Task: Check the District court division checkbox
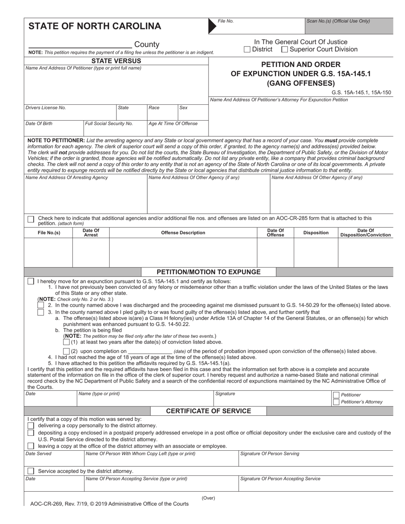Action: point(247,49)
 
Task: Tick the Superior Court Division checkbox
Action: point(284,49)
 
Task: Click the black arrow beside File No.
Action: point(212,26)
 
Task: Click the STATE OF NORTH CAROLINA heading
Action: point(95,26)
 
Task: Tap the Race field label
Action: point(154,108)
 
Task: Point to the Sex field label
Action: point(183,108)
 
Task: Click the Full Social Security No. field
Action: point(115,127)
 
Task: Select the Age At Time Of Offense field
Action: point(178,127)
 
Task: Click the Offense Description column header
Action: point(183,233)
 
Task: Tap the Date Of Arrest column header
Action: point(91,233)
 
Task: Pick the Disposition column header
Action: point(315,233)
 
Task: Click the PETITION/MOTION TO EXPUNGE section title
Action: point(208,272)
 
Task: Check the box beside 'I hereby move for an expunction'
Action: point(31,282)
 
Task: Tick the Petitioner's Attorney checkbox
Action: point(336,402)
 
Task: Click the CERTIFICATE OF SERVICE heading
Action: point(208,411)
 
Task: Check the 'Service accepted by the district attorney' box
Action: point(31,471)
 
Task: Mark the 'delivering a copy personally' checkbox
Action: point(31,426)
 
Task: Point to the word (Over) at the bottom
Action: point(208,498)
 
